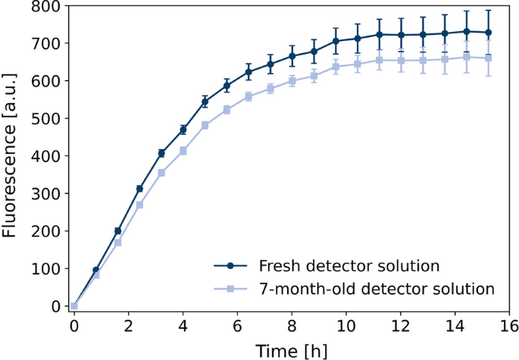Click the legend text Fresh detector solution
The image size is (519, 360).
coord(349,266)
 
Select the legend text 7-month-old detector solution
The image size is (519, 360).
coord(377,289)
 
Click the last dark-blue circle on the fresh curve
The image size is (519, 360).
coord(488,33)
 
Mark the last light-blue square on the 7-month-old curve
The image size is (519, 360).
coord(488,58)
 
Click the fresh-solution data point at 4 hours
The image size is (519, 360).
coord(183,130)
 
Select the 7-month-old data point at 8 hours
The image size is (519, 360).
coord(292,81)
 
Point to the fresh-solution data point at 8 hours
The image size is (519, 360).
coord(292,56)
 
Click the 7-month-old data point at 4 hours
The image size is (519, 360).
coord(183,151)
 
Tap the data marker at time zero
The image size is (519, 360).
coord(73,306)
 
